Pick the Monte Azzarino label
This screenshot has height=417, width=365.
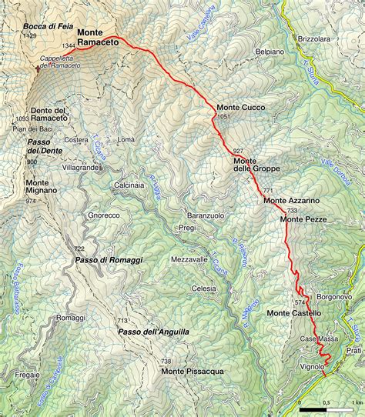[291, 201]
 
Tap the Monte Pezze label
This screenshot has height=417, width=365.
[304, 219]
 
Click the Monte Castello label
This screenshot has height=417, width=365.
[294, 313]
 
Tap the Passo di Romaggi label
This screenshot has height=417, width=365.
[109, 262]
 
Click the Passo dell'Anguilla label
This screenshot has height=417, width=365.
[154, 332]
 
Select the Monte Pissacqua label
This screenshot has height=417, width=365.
[193, 372]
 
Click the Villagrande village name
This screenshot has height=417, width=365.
[82, 167]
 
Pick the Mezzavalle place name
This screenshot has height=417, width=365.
[190, 259]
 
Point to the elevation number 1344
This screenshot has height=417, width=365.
[69, 46]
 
